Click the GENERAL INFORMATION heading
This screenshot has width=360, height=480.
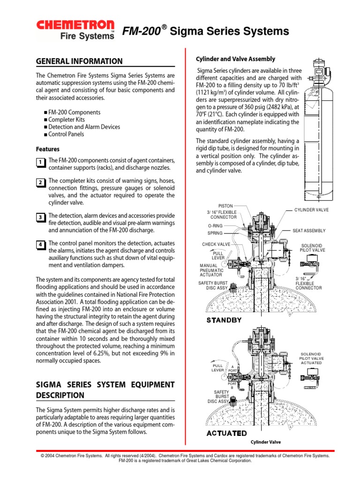pyautogui.click(x=79, y=61)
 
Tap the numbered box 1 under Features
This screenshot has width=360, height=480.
pyautogui.click(x=40, y=163)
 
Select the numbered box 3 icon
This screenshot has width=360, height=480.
pyautogui.click(x=40, y=217)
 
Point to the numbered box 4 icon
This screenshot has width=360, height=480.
pyautogui.click(x=40, y=245)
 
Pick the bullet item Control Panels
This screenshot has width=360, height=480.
pyautogui.click(x=66, y=134)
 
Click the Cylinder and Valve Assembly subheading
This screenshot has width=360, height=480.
pyautogui.click(x=235, y=59)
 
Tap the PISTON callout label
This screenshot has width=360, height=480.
pyautogui.click(x=225, y=206)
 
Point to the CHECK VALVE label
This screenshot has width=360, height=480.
pyautogui.click(x=216, y=244)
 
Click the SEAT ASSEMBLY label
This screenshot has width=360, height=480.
pyautogui.click(x=309, y=231)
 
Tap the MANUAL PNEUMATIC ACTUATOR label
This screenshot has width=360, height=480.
pyautogui.click(x=212, y=270)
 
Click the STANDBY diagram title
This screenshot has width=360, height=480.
pyautogui.click(x=224, y=320)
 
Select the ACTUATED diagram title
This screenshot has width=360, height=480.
pyautogui.click(x=226, y=433)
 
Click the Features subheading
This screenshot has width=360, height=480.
pyautogui.click(x=48, y=149)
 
